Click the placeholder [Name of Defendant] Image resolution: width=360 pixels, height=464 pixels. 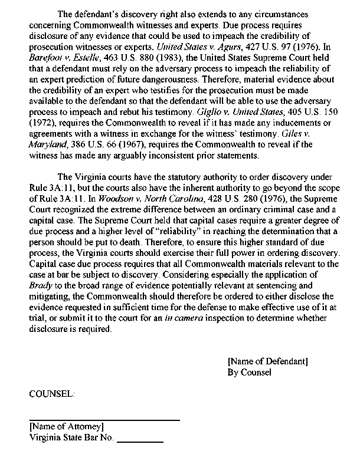coord(267,361)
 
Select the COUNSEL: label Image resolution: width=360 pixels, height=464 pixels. coord(52,393)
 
